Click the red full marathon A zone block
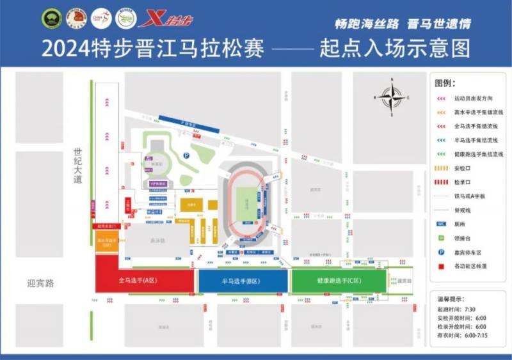145,280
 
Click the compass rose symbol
390,97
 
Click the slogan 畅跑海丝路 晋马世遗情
403,24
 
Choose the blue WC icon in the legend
441,224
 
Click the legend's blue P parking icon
441,251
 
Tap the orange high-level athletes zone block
107,242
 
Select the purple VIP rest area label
157,184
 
